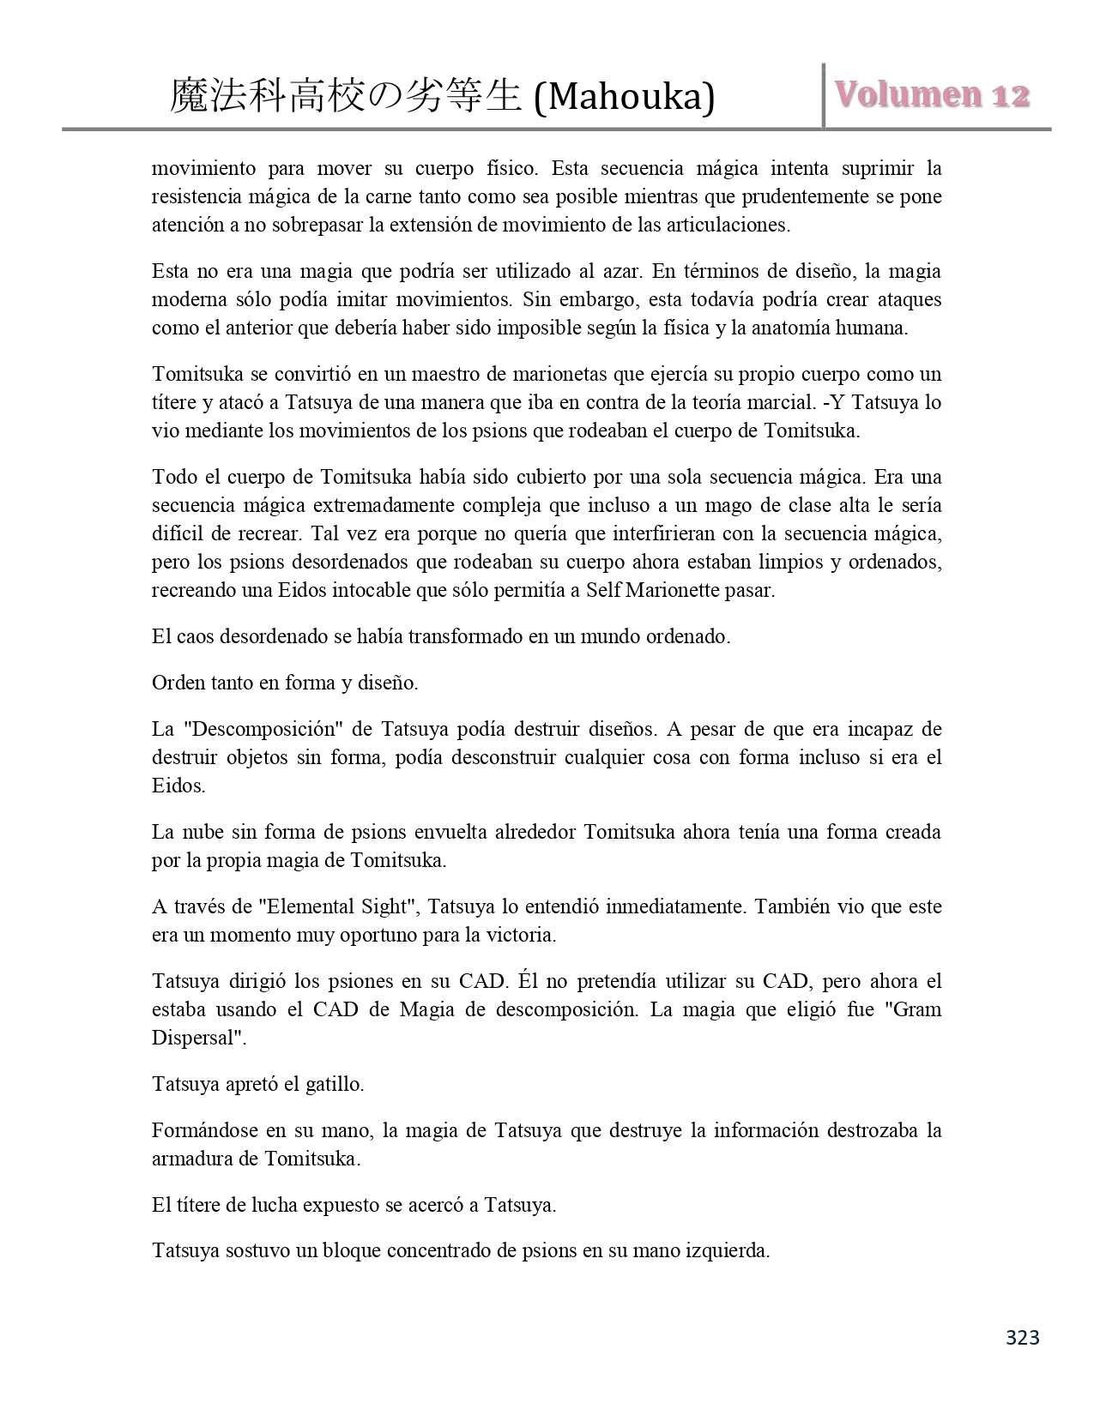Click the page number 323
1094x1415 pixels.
pyautogui.click(x=1022, y=1337)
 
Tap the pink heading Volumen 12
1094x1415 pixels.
pyautogui.click(x=933, y=95)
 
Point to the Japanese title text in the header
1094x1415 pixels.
pyautogui.click(x=346, y=96)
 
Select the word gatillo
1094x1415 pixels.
pyautogui.click(x=333, y=1084)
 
